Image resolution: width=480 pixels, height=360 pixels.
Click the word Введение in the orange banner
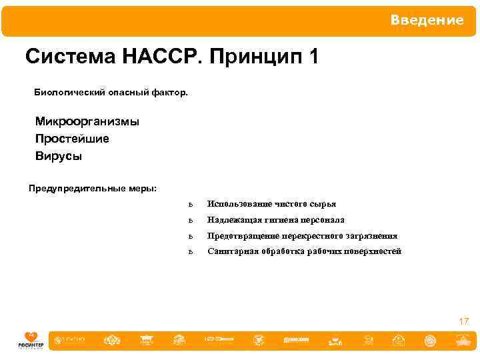427,21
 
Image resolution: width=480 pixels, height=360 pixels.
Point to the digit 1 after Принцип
313,57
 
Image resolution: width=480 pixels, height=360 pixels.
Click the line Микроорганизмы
87,122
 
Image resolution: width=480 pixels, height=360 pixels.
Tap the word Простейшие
72,139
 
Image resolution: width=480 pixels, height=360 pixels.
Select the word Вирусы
59,157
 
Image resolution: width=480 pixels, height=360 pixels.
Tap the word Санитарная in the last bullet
231,251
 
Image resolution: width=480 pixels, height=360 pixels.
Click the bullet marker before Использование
191,205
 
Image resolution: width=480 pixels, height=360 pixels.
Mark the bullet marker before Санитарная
191,252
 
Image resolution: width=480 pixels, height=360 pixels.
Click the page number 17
463,322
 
